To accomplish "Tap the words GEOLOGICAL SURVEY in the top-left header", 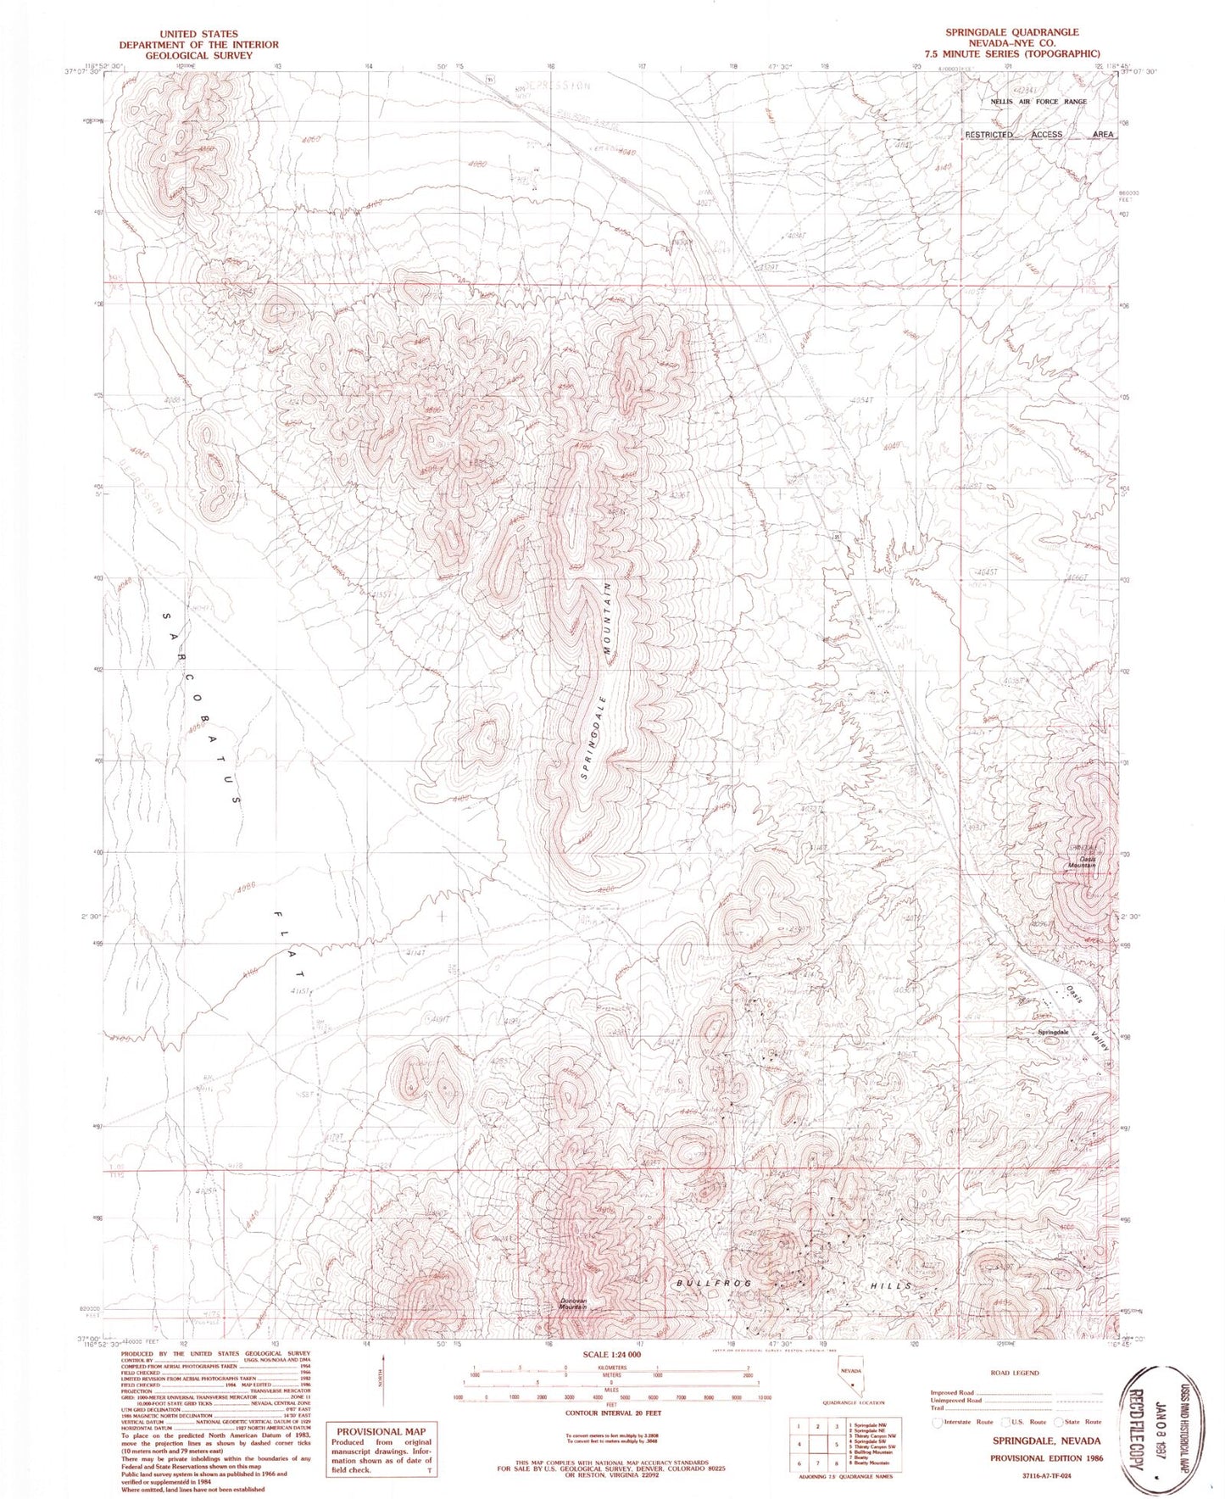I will click(x=198, y=55).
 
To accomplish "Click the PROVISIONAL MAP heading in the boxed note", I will click(x=381, y=1431).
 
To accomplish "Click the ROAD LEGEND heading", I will click(x=1014, y=1373).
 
